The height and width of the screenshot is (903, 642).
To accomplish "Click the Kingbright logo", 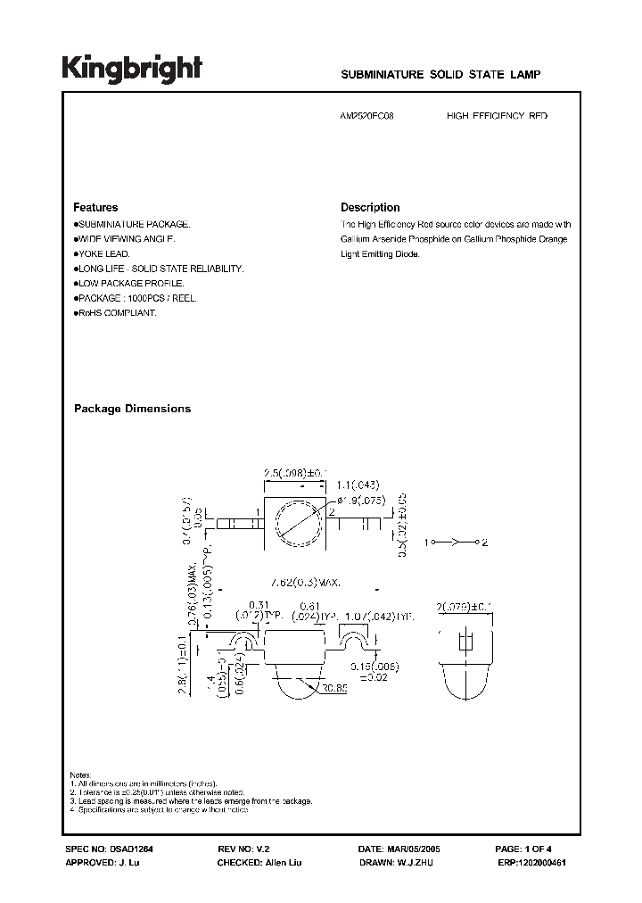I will point(132,69).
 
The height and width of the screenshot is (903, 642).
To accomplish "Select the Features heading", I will point(95,207).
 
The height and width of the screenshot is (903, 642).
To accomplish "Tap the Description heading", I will point(370,207).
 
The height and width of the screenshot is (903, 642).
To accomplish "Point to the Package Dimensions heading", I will point(132,409).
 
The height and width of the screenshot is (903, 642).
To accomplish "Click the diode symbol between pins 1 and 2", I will point(454,542).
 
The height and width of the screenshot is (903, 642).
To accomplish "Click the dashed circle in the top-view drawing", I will point(294,524).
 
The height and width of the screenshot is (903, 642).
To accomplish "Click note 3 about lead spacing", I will point(191,800).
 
